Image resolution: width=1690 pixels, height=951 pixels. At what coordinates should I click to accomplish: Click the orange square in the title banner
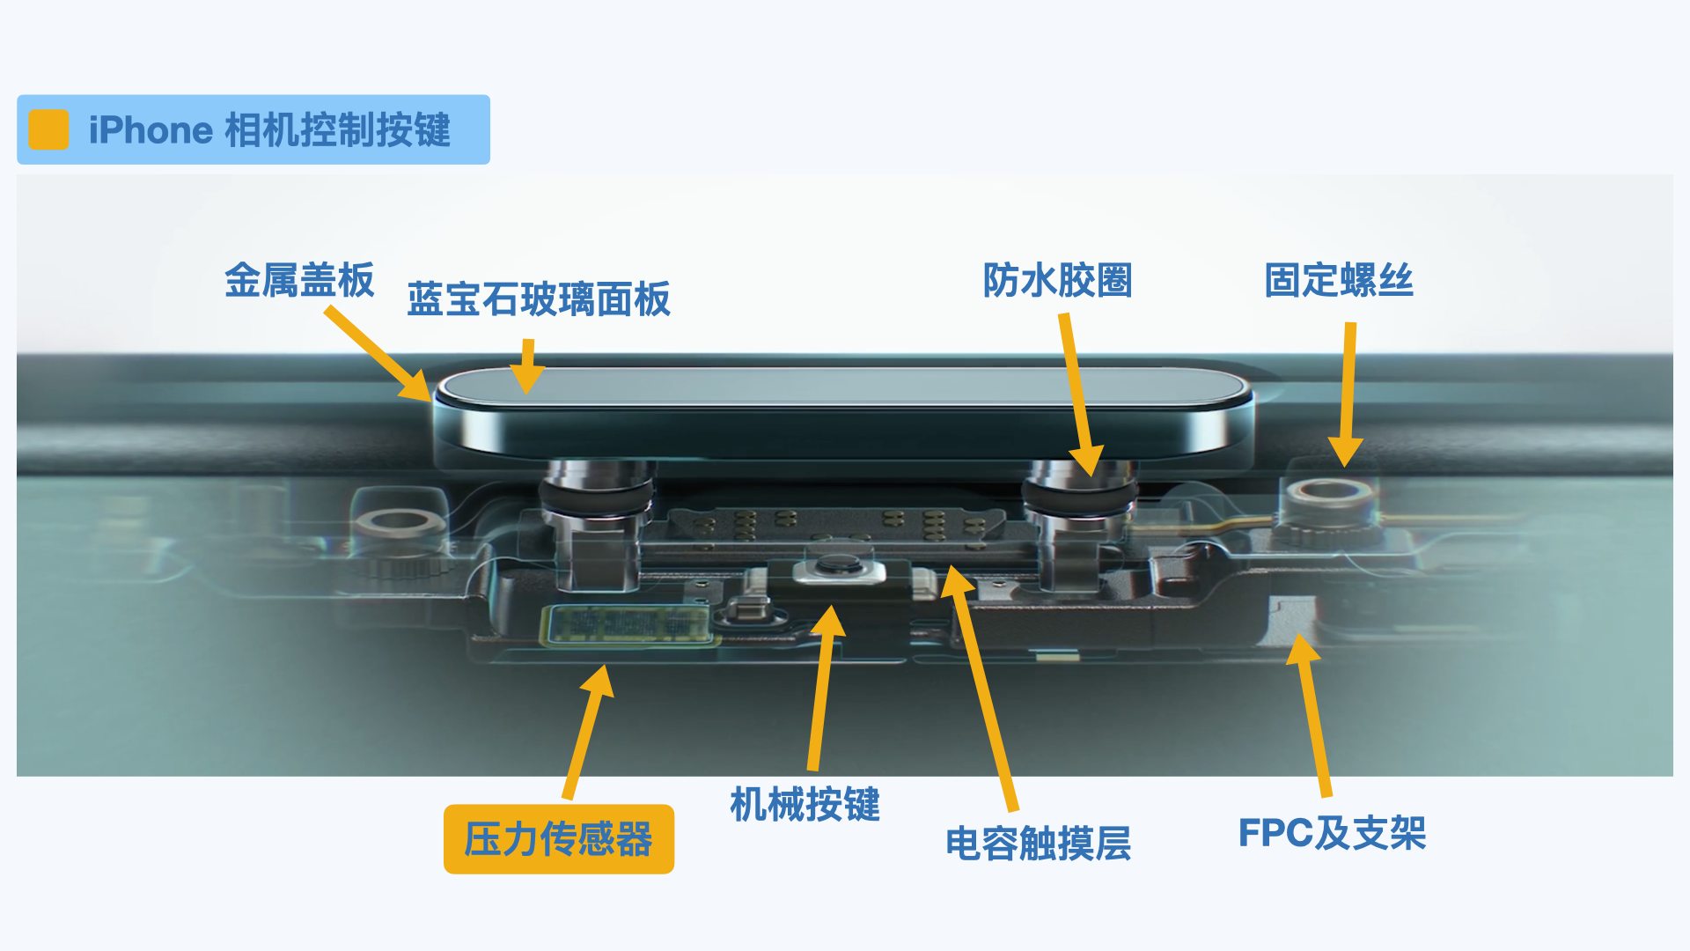[48, 129]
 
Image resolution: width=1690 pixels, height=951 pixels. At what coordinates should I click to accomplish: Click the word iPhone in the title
[151, 130]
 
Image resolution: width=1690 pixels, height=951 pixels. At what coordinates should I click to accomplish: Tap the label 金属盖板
[299, 280]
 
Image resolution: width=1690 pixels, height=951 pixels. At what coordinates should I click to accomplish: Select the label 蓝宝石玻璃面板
[539, 299]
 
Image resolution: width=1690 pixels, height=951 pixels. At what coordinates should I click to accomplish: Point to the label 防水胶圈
[1057, 280]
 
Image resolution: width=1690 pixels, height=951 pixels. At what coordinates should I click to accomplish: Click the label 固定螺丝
[1339, 280]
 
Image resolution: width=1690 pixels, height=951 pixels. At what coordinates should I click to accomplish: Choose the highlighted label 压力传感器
[559, 839]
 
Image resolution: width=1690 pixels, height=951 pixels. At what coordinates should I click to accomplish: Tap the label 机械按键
[805, 804]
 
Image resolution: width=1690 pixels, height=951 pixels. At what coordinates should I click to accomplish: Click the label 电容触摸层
[1039, 844]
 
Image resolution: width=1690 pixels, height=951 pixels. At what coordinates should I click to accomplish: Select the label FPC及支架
[1332, 833]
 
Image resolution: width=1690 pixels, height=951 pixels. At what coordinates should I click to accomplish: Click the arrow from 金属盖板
[378, 354]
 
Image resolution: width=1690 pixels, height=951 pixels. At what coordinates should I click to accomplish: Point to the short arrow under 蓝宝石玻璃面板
[527, 366]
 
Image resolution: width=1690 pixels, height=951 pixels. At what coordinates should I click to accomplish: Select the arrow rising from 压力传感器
[588, 732]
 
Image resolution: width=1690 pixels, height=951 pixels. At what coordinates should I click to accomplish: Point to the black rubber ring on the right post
[1079, 498]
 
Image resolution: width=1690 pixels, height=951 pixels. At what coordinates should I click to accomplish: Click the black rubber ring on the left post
[598, 498]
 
